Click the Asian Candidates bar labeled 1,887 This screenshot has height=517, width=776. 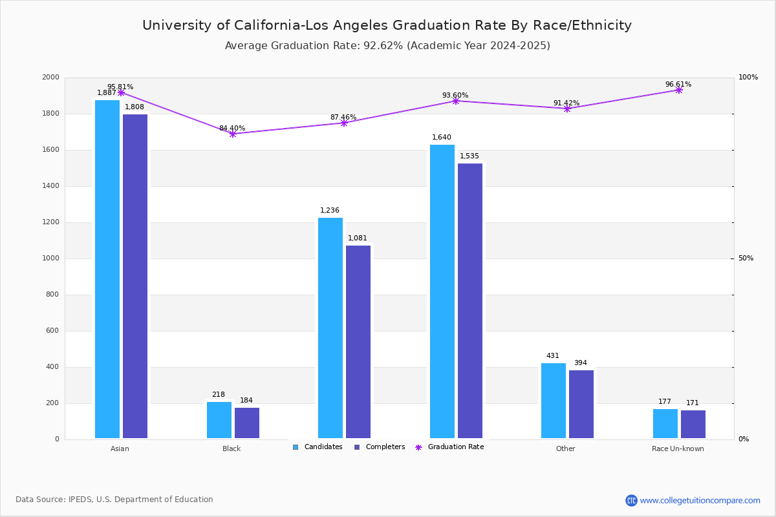107,269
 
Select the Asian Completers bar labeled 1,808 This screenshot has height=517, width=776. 135,276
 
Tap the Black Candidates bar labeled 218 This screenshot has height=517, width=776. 219,420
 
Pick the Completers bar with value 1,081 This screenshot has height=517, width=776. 358,342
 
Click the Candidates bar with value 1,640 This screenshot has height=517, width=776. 442,291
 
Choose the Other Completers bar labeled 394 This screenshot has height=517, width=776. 581,404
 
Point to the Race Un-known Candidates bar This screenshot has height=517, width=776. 665,423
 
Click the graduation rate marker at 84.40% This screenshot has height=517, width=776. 233,134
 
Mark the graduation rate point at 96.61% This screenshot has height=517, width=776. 678,90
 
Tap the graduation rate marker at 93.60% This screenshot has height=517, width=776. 455,101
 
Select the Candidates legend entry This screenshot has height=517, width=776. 318,447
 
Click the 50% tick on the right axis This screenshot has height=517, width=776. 746,258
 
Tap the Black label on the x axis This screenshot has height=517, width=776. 232,448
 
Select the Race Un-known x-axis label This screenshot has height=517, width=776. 678,448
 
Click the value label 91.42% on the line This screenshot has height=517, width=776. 566,103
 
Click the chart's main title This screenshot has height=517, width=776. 387,25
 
